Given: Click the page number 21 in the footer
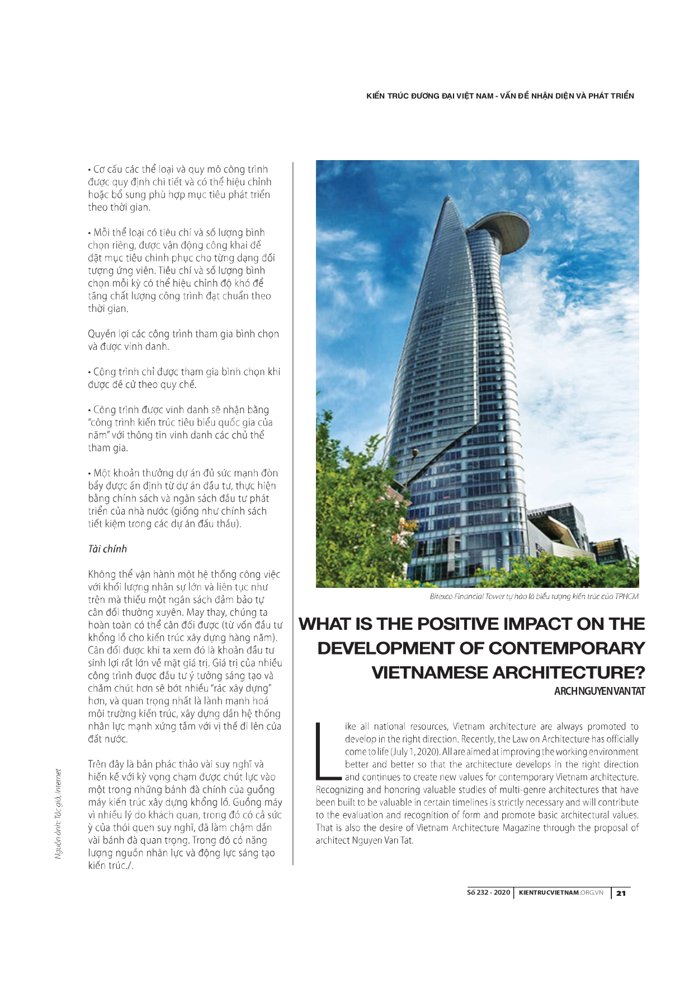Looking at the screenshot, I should [621, 893].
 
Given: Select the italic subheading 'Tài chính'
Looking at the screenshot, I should [107, 549].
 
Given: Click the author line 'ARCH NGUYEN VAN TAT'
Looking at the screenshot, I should [599, 691].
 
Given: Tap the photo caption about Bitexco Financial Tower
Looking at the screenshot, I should [534, 596].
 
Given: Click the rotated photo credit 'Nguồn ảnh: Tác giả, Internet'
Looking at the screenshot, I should [58, 814].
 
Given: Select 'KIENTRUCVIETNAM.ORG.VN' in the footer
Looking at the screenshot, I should [561, 892].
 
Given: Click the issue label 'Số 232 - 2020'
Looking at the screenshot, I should [488, 892].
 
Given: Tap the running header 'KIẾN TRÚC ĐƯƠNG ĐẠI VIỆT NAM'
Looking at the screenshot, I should [429, 96].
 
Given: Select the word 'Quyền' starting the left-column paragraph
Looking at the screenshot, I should [102, 334].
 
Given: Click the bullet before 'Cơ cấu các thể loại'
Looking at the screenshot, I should [89, 170].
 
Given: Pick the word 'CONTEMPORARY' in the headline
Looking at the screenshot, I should [566, 648].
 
